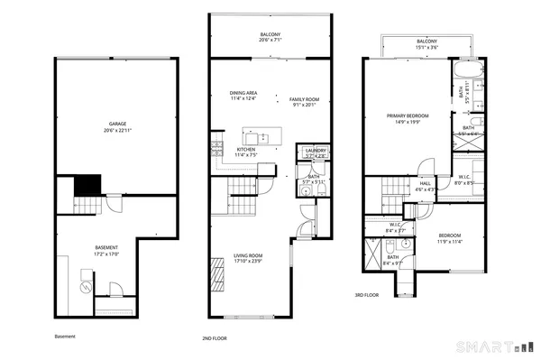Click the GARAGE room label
point(117,125)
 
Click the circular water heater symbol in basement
point(85,288)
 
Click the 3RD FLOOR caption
point(366,294)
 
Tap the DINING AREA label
point(244,93)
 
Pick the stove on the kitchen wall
point(215,144)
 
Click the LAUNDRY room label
point(316,151)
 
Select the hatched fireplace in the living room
point(215,271)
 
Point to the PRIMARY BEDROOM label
point(408,115)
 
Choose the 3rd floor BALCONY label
point(427,42)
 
